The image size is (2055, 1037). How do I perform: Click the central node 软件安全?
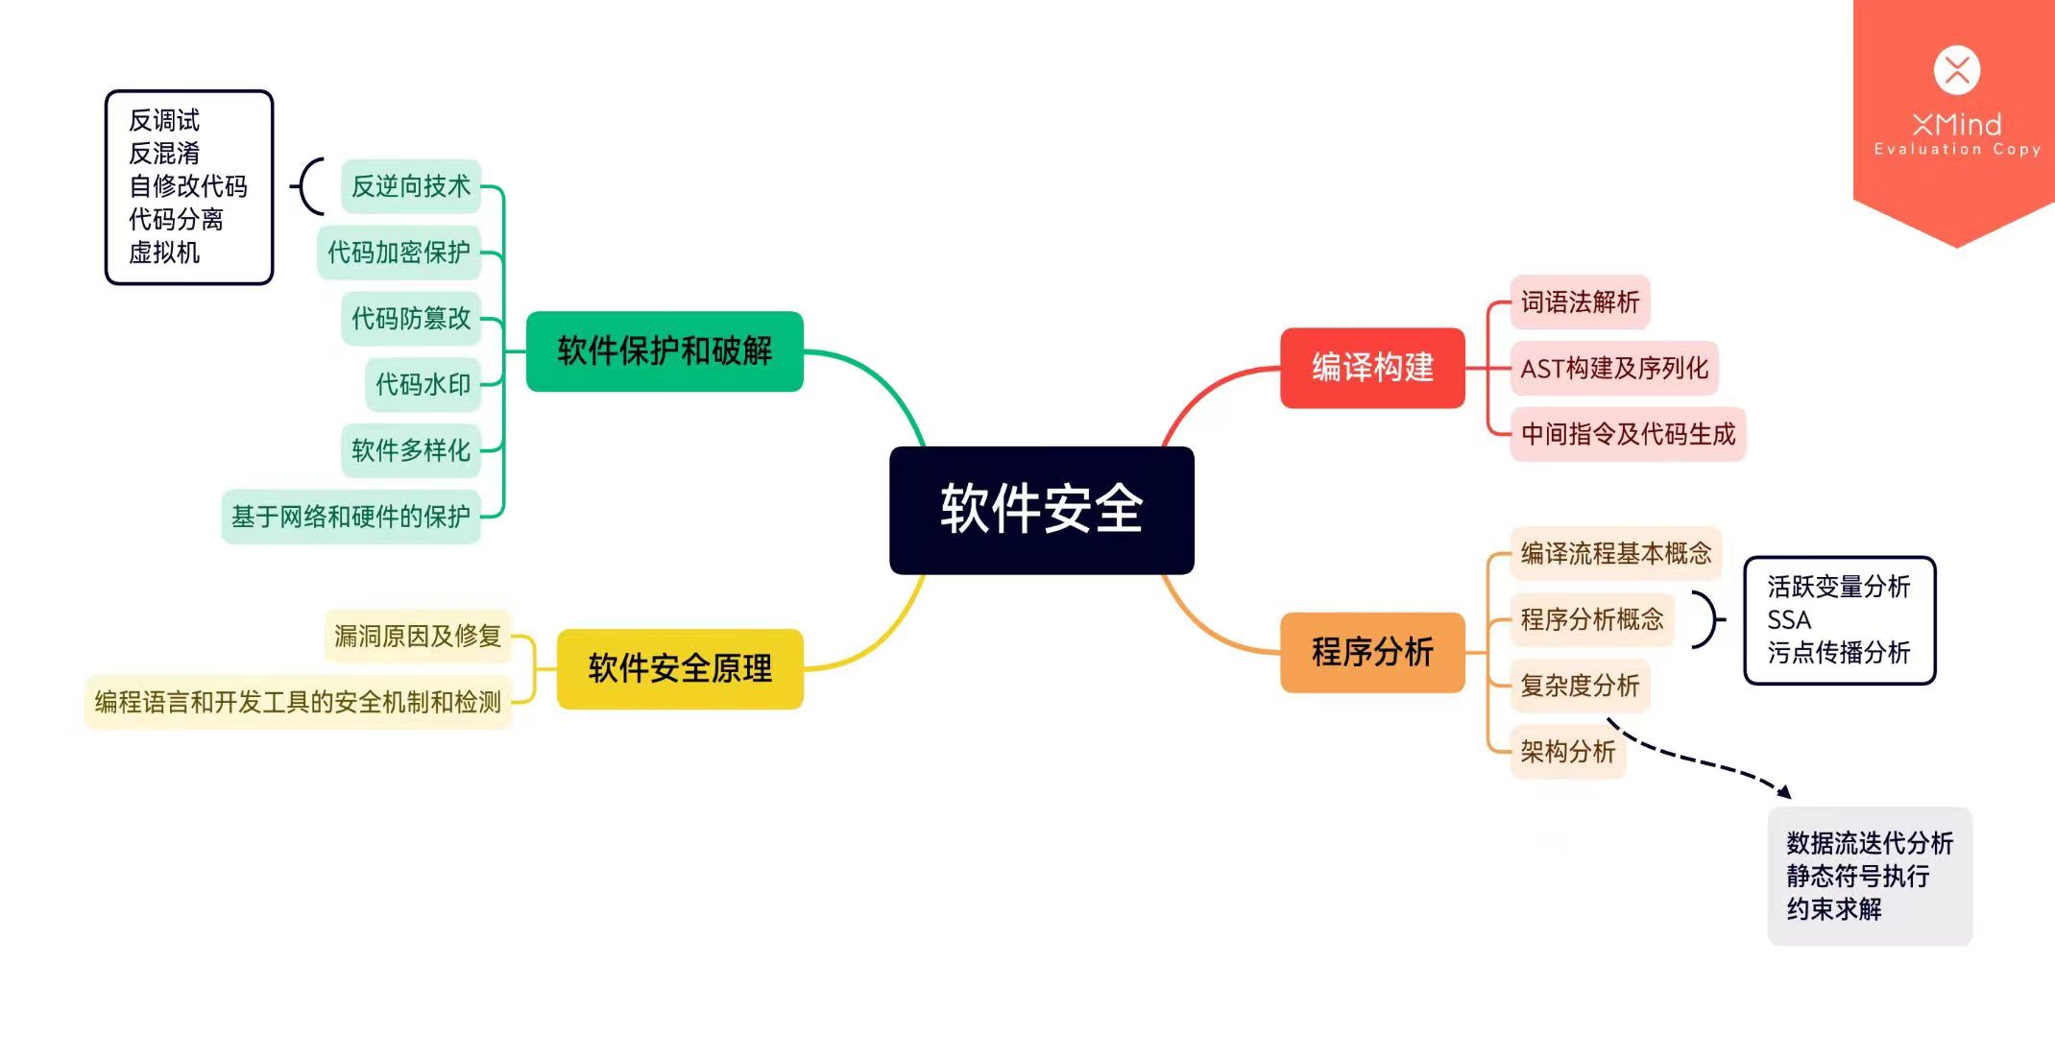click(1041, 510)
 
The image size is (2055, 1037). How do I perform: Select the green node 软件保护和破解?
click(665, 351)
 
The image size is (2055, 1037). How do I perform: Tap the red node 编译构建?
click(1372, 368)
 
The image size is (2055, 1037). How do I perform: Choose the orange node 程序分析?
click(1372, 652)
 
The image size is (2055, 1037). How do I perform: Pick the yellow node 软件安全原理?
click(680, 668)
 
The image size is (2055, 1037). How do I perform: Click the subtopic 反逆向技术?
click(411, 186)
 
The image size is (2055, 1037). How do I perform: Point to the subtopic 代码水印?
click(423, 384)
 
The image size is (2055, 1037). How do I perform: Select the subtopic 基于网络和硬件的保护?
click(351, 517)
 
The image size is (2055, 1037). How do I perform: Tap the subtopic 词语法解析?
click(1580, 302)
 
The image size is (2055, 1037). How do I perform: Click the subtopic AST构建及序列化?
click(1614, 368)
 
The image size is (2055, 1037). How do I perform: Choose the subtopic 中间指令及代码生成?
click(1628, 434)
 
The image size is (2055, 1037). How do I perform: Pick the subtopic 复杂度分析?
click(1580, 686)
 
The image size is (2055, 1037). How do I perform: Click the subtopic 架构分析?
click(1568, 752)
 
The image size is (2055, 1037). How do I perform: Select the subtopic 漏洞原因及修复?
click(418, 636)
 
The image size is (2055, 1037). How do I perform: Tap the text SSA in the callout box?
click(1789, 619)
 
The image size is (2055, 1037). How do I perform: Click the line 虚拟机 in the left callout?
click(164, 253)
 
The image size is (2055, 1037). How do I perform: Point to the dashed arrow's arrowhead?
click(1784, 792)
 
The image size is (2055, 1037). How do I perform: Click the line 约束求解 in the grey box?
click(1834, 908)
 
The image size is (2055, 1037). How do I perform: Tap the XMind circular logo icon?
click(1956, 70)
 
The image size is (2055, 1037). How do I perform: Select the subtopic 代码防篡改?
click(411, 318)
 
